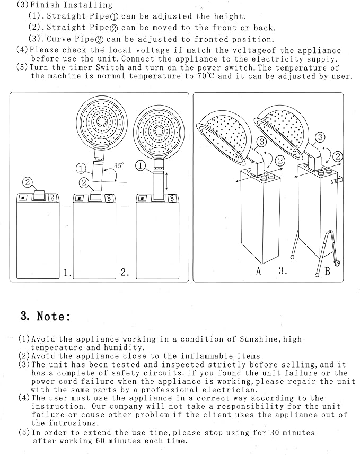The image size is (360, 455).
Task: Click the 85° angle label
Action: click(x=118, y=165)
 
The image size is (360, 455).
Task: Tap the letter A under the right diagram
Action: click(x=259, y=272)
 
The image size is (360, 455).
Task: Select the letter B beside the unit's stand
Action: click(x=328, y=271)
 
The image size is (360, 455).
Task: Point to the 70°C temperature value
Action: click(x=206, y=76)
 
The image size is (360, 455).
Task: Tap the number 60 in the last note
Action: click(x=100, y=441)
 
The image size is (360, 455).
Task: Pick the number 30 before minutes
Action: click(x=275, y=433)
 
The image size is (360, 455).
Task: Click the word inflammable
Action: click(x=207, y=356)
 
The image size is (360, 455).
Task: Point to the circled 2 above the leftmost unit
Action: click(x=27, y=182)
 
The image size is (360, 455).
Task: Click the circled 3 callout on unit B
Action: click(x=320, y=137)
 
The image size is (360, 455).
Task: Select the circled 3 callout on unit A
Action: click(x=262, y=142)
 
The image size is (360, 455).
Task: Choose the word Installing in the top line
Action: click(x=88, y=5)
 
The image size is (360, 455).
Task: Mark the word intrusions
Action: click(x=74, y=423)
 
